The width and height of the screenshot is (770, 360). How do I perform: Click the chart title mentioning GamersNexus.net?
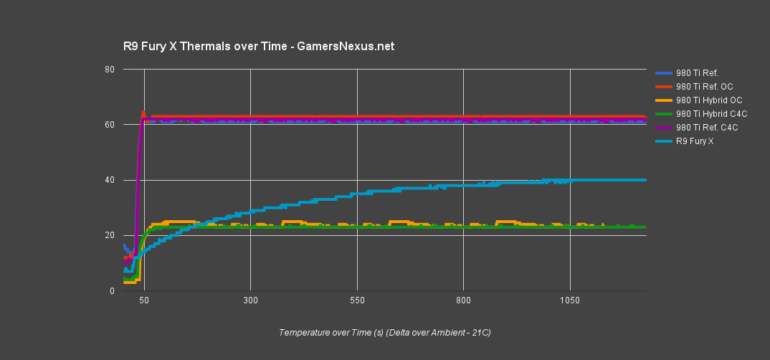click(259, 47)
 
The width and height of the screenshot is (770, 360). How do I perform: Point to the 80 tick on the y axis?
click(110, 70)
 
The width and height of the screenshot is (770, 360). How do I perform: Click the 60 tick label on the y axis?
click(110, 125)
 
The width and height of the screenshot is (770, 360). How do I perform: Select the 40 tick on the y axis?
click(110, 180)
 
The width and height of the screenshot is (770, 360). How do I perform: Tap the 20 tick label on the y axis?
click(110, 235)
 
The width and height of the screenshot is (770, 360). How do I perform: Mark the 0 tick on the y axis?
click(112, 291)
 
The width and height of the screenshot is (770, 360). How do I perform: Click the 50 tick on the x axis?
click(144, 302)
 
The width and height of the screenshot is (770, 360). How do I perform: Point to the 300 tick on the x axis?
click(250, 302)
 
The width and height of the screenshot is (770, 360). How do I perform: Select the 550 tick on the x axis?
click(357, 302)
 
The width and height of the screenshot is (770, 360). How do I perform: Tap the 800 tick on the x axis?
click(463, 302)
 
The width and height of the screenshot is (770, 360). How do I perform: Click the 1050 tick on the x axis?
click(570, 302)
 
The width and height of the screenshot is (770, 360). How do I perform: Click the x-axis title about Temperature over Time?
click(385, 333)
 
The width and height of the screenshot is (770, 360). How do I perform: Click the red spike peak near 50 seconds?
click(143, 112)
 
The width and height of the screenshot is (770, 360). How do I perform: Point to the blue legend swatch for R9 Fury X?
click(663, 141)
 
